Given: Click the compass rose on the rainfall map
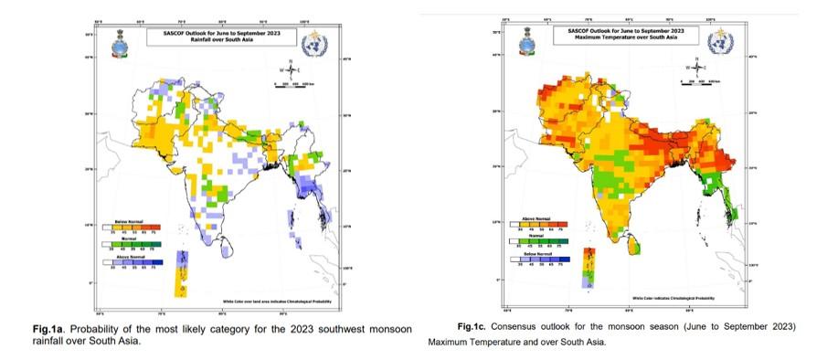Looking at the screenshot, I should pyautogui.click(x=291, y=68).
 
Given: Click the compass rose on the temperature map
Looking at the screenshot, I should pyautogui.click(x=697, y=67).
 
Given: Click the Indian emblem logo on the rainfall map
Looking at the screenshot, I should pyautogui.click(x=121, y=40).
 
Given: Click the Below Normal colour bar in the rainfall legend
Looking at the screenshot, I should pyautogui.click(x=137, y=225).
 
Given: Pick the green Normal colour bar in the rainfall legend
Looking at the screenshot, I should pyautogui.click(x=137, y=245).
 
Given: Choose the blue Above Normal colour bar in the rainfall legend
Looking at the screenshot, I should pyautogui.click(x=137, y=263).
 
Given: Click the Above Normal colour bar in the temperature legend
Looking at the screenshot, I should pyautogui.click(x=543, y=223).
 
